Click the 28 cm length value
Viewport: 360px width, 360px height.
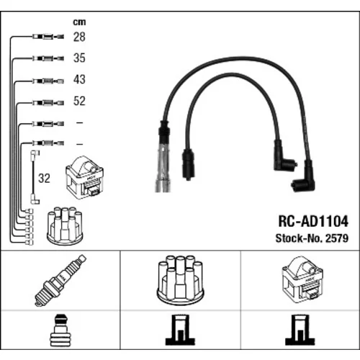pos(79,37)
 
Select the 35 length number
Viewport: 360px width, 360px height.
pos(79,58)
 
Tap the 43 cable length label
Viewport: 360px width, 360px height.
pos(79,79)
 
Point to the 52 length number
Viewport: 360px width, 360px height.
pos(79,101)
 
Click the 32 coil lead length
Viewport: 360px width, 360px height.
pos(44,179)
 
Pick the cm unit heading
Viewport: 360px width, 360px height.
pos(79,22)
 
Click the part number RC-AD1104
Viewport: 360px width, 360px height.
pos(313,221)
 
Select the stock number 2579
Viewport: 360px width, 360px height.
pos(336,238)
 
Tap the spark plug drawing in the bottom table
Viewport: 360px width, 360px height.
pos(60,280)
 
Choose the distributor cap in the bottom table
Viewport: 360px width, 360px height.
pos(180,280)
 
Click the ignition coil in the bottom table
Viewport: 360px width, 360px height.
pos(302,280)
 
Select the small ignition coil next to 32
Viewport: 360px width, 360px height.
pos(84,177)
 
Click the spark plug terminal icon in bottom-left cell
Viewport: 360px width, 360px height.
pos(60,330)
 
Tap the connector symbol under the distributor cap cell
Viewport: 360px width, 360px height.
pos(180,330)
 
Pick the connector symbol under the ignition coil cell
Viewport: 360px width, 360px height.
pos(300,330)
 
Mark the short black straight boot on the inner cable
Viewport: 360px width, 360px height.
pos(189,164)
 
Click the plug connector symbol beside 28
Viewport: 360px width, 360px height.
pos(48,37)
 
